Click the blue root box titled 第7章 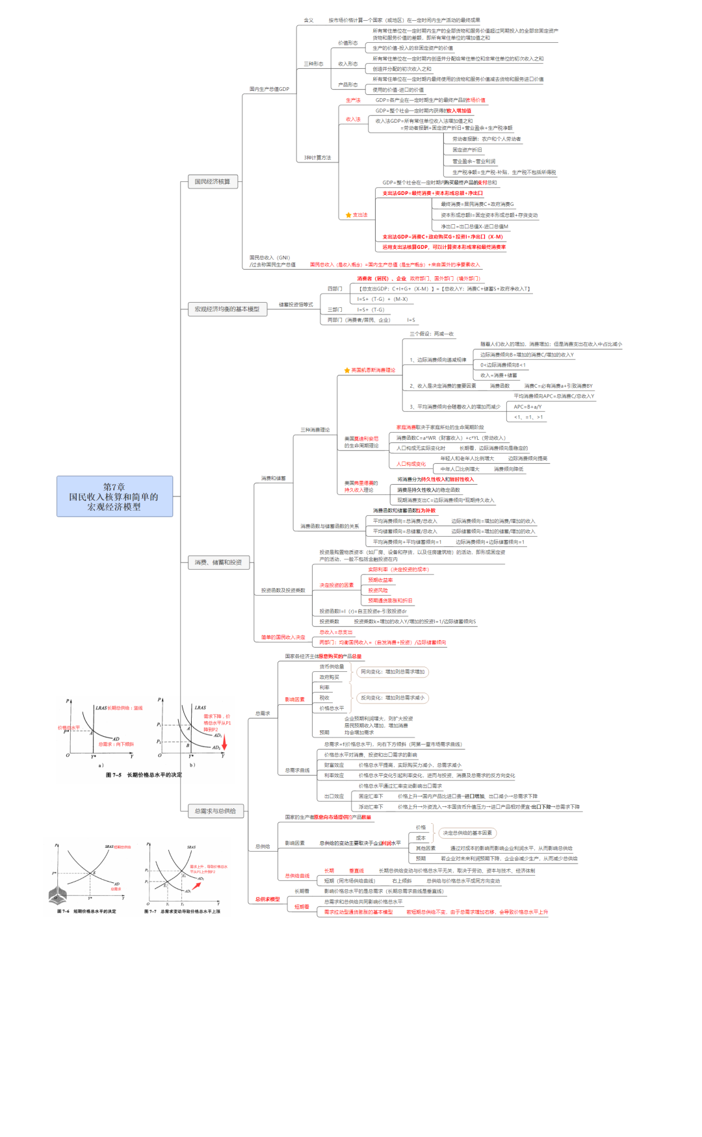(x=114, y=496)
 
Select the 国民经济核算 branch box (x=213, y=182)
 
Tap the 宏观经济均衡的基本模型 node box (x=227, y=309)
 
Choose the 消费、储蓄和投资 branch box (x=218, y=562)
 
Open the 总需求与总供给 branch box (x=215, y=811)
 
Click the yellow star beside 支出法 (x=348, y=215)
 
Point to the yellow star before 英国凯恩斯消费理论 (x=347, y=370)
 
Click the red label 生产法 (x=353, y=100)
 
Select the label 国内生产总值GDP (x=269, y=89)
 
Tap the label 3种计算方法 (x=317, y=158)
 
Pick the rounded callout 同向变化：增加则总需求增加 (x=393, y=672)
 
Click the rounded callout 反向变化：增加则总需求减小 (x=393, y=698)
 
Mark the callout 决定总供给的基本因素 (x=467, y=833)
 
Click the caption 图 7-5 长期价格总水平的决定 (x=144, y=775)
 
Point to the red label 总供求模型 (x=267, y=899)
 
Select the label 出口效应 (x=334, y=796)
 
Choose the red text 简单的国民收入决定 (x=283, y=637)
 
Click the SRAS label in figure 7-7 (x=191, y=847)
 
